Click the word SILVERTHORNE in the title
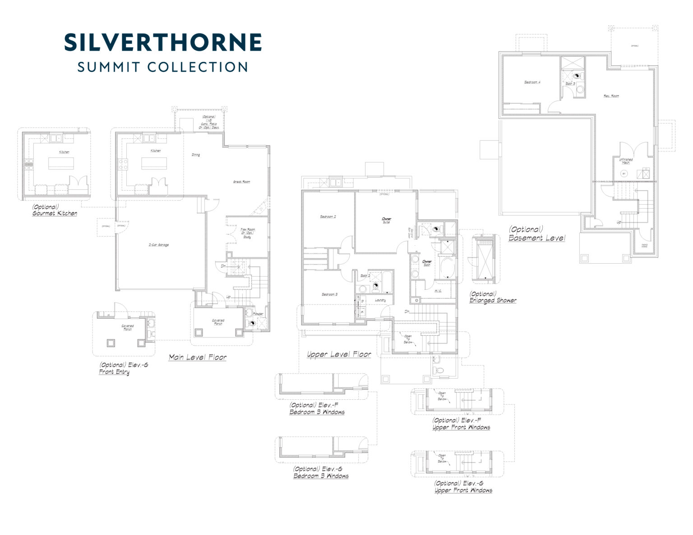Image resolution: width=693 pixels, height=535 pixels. click(x=163, y=42)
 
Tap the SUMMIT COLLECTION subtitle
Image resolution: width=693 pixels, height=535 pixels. click(x=163, y=67)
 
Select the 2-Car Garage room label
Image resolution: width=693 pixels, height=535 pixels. click(x=158, y=245)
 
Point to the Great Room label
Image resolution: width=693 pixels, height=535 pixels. click(x=241, y=182)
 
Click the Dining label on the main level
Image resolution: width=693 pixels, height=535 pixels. click(x=195, y=155)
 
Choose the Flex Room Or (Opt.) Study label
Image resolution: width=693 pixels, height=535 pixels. click(x=247, y=233)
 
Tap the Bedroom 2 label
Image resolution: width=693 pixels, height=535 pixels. click(x=328, y=216)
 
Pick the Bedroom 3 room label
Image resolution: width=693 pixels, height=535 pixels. click(x=329, y=294)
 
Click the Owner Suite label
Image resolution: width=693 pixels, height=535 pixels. click(x=386, y=220)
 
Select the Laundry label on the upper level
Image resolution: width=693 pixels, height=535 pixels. click(x=380, y=300)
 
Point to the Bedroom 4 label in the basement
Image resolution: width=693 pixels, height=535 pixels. click(x=532, y=82)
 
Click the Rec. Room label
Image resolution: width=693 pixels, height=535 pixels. click(x=611, y=96)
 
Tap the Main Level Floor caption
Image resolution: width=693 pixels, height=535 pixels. click(x=198, y=357)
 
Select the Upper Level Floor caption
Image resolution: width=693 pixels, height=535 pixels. click(x=339, y=354)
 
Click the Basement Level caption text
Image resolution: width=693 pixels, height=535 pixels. click(x=536, y=238)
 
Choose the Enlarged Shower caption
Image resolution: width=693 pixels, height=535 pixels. click(x=493, y=300)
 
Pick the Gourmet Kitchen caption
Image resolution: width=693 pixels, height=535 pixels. click(x=55, y=213)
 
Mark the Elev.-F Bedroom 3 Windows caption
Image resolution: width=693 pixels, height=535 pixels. click(x=317, y=412)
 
